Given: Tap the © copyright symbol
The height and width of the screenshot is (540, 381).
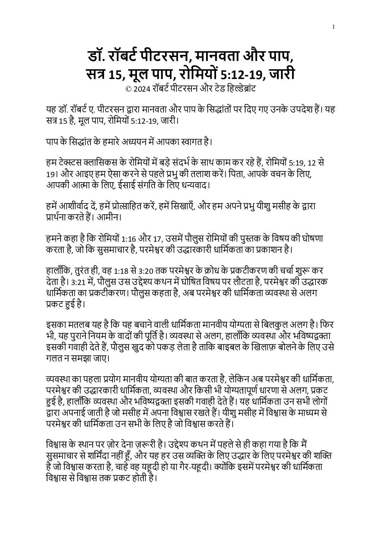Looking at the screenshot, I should pyautogui.click(x=127, y=89).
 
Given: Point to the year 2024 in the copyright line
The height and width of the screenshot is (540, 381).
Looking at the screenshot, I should pyautogui.click(x=141, y=89).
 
